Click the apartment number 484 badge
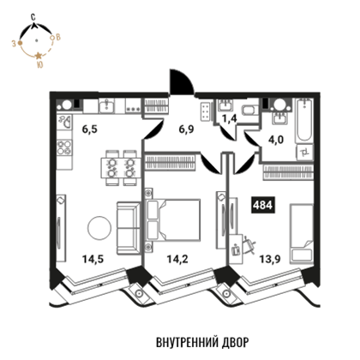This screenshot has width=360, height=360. [x=263, y=205]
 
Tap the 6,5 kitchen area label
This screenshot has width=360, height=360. [x=90, y=129]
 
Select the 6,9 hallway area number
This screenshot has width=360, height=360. [x=186, y=129]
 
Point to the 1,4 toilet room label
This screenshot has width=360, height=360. [x=230, y=118]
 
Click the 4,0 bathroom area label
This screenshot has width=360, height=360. [x=276, y=141]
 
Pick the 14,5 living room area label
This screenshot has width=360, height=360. [x=93, y=259]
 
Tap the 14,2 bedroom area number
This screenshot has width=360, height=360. [x=177, y=259]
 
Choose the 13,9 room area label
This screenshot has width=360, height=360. [x=270, y=259]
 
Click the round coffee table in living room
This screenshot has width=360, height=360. [x=99, y=228]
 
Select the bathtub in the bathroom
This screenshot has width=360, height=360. [x=303, y=120]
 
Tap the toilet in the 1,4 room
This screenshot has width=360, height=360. [x=250, y=110]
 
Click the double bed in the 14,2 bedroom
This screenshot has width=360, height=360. [x=173, y=219]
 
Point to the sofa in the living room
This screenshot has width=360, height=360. [x=129, y=228]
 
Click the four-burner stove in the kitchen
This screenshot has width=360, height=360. [x=64, y=147]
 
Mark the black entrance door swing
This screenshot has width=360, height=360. [x=181, y=81]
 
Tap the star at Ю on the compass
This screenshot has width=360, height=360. [x=39, y=56]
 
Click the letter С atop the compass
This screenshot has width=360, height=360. [x=33, y=17]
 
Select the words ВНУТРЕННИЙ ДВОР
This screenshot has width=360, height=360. [x=202, y=342]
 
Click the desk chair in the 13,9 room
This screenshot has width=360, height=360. [x=249, y=245]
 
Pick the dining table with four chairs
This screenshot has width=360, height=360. [x=121, y=168]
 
